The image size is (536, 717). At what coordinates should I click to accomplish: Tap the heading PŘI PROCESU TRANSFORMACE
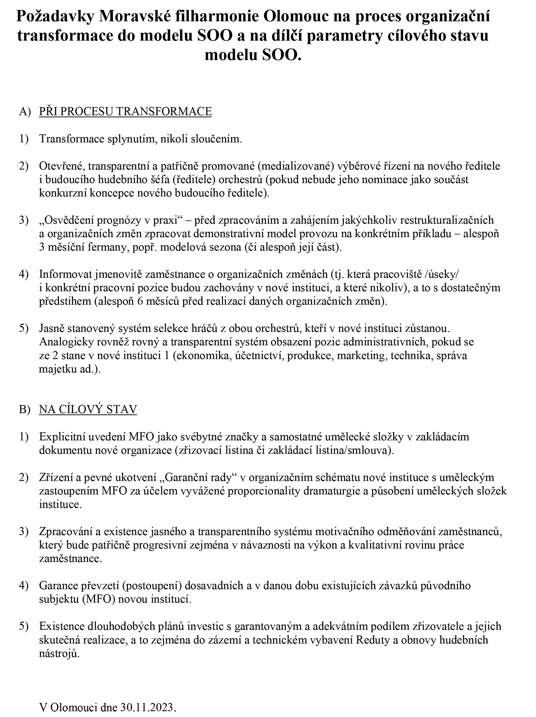pos(125,111)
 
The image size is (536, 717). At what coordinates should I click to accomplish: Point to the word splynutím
pos(130,139)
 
